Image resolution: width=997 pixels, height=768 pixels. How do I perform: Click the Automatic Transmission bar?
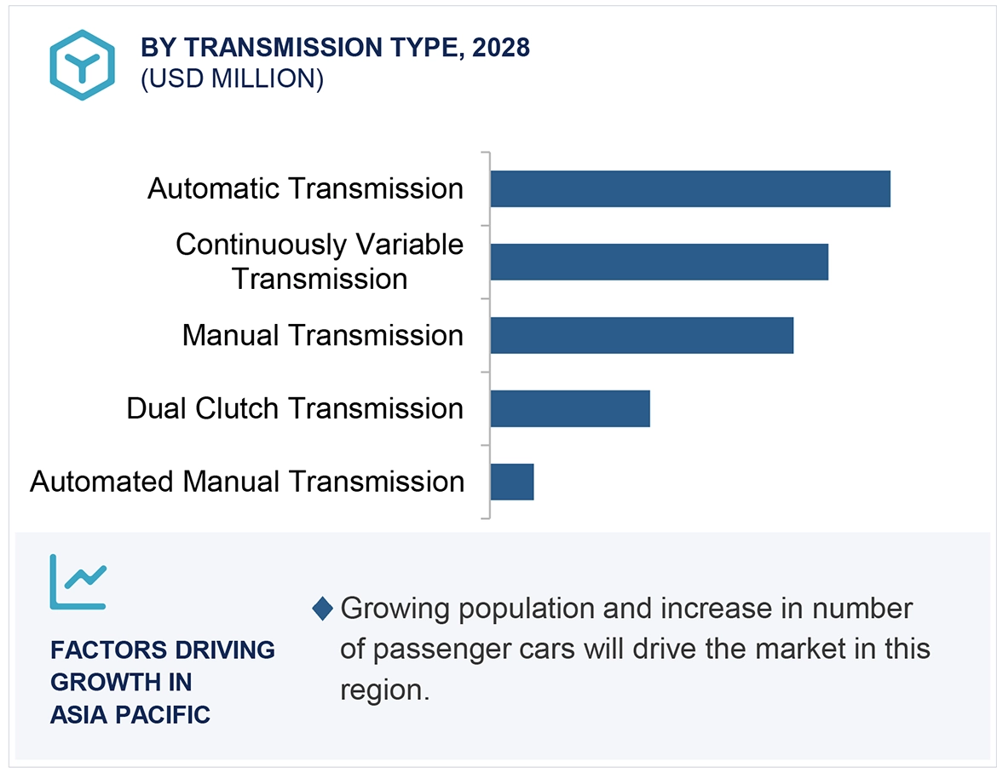(689, 188)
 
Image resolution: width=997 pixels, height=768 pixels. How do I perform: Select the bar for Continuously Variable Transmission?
(659, 262)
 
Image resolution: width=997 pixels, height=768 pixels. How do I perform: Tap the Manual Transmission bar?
(641, 335)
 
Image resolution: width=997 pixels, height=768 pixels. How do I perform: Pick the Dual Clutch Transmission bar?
(569, 408)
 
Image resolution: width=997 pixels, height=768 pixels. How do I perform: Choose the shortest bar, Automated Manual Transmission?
(511, 482)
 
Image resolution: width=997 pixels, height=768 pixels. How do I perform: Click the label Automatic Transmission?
(305, 188)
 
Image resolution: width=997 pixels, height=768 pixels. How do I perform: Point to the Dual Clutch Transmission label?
(295, 408)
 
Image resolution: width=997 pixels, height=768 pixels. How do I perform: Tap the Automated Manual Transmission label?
(247, 482)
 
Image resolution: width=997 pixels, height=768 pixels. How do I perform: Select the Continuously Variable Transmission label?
(320, 262)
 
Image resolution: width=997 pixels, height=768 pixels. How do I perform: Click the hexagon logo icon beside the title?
(82, 65)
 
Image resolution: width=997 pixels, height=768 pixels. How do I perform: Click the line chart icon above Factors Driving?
(78, 581)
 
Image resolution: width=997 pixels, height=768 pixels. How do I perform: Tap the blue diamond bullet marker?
(323, 609)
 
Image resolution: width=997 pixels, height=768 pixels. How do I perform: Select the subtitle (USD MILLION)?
(232, 79)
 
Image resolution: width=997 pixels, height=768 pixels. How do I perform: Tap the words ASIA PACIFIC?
(130, 714)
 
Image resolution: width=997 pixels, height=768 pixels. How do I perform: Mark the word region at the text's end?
(383, 690)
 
